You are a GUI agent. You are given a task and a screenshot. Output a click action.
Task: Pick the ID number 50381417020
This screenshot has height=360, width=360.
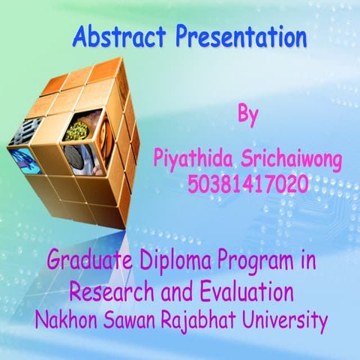pos(248,181)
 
